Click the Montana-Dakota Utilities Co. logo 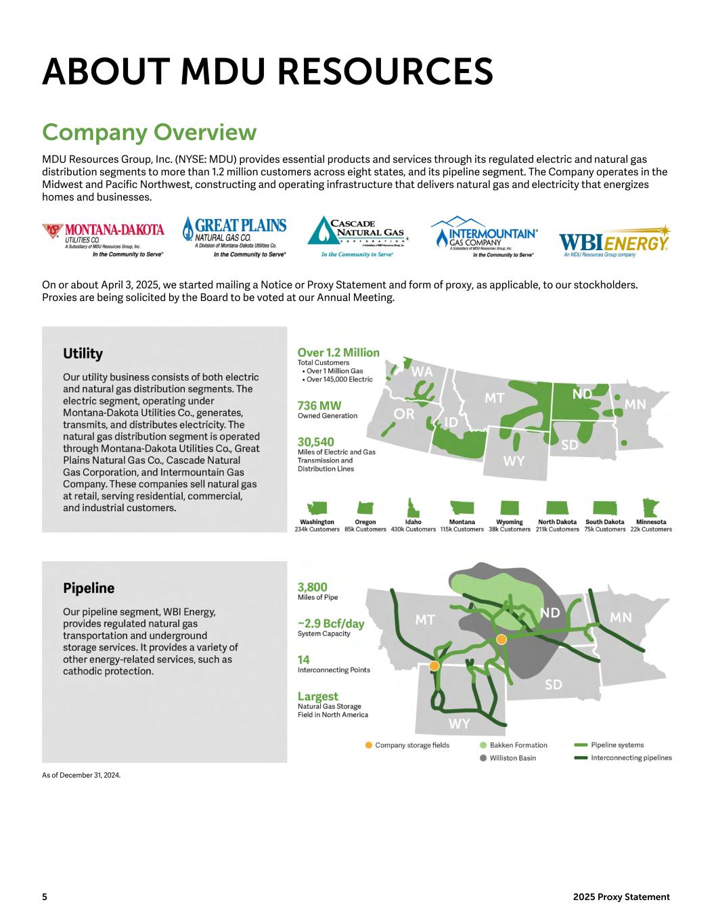pos(104,240)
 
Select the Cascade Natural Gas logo pos(358,237)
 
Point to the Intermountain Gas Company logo pos(485,237)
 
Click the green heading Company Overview pos(149,132)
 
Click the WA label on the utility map pos(422,372)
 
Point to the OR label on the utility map pos(404,415)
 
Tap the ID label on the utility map pos(451,423)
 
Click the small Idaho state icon pos(411,508)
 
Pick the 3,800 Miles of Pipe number pos(313,587)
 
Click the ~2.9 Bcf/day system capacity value pos(331,623)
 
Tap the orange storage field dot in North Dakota pos(501,639)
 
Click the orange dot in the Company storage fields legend pos(369,745)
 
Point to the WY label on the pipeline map pos(460,725)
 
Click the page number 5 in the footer pos(45,897)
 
